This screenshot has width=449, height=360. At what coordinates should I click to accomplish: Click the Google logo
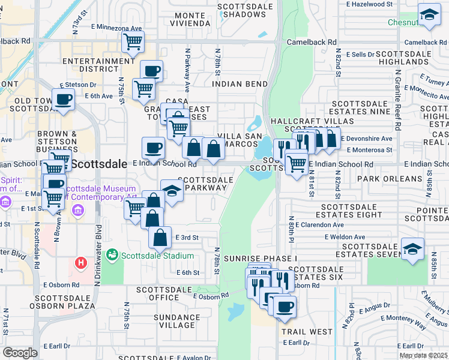point(20,353)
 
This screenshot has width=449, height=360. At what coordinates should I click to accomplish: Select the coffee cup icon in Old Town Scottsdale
point(63,99)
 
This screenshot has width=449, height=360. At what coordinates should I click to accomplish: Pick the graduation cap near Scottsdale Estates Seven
point(412,248)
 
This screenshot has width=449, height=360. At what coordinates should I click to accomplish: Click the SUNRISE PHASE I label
point(261,258)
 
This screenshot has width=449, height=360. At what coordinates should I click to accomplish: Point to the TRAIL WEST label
point(307,331)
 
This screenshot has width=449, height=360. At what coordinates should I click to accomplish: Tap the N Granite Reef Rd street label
point(397,101)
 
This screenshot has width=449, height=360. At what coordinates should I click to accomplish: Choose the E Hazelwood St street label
point(369,4)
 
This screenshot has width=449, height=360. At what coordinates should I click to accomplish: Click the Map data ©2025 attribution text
point(423,356)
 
